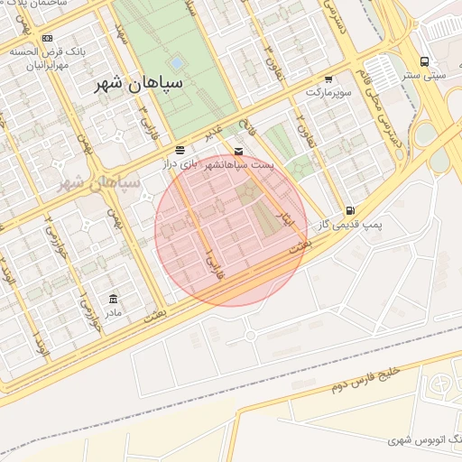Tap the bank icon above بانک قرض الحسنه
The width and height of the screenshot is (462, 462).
(48, 39)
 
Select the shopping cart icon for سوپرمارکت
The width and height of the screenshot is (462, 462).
(328, 79)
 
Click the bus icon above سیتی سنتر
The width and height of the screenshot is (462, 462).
(424, 61)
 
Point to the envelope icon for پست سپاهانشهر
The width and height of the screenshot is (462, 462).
(238, 151)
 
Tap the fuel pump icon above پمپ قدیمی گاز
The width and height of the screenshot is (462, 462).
(349, 210)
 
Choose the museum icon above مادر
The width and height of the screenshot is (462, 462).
(113, 299)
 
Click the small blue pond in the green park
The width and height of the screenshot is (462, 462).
(178, 63)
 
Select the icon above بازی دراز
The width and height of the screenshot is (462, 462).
(180, 149)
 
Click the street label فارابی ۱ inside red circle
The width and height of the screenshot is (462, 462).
(214, 263)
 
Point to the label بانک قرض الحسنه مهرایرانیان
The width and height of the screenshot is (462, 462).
(53, 59)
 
